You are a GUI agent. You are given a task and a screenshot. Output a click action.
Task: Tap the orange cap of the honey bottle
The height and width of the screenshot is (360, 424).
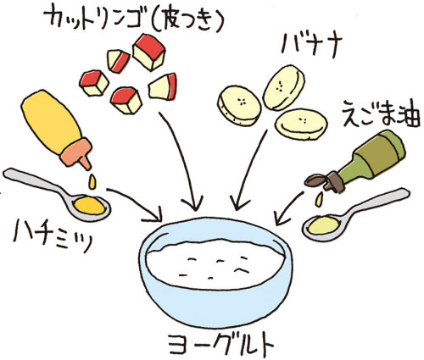pyautogui.click(x=77, y=154)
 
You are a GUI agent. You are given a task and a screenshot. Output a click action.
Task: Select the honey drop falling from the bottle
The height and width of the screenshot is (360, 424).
pyautogui.click(x=92, y=181)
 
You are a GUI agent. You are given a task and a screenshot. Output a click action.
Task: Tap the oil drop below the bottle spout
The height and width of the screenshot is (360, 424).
pyautogui.click(x=319, y=199)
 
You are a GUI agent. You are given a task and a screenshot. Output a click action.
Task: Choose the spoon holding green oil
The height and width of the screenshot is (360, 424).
pyautogui.click(x=354, y=214)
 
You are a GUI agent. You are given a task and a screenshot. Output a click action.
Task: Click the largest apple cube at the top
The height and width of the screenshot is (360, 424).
pyautogui.click(x=148, y=53)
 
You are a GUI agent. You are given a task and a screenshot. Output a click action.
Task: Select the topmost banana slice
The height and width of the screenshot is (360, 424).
pyautogui.click(x=283, y=87)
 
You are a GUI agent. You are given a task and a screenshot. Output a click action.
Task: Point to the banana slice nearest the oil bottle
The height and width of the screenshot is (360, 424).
pyautogui.click(x=301, y=125)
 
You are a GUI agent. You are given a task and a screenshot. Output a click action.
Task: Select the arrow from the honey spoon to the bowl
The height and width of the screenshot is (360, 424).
pyautogui.click(x=136, y=202)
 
